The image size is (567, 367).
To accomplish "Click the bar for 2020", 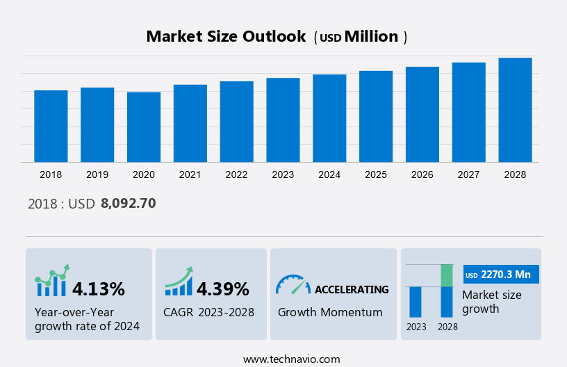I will [144, 127].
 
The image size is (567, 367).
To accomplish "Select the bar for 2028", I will [516, 110].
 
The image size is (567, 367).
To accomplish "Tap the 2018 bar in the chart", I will [51, 126].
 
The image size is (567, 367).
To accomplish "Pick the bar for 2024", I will [329, 118].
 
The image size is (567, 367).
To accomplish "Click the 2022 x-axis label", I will [236, 174].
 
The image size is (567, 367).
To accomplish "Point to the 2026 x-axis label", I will [422, 174].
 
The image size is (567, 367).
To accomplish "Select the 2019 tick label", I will [97, 174].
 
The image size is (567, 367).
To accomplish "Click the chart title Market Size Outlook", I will [226, 37].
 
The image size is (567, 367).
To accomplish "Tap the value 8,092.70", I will [129, 204].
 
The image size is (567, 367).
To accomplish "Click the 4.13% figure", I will [99, 288].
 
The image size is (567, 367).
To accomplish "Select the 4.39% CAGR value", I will [223, 288].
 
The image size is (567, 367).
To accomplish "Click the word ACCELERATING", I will [352, 289].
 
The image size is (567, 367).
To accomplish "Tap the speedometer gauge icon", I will [293, 284].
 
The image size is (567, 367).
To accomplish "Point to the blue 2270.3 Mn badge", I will [501, 275].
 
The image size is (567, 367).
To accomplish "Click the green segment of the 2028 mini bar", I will [447, 275].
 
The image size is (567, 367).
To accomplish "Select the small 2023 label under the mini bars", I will [416, 326].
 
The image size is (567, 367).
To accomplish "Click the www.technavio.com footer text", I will [292, 359].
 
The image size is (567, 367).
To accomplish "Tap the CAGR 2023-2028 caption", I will [209, 312].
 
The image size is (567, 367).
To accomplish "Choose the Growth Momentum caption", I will [330, 312].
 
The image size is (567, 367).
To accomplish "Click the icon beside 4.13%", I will [52, 281].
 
